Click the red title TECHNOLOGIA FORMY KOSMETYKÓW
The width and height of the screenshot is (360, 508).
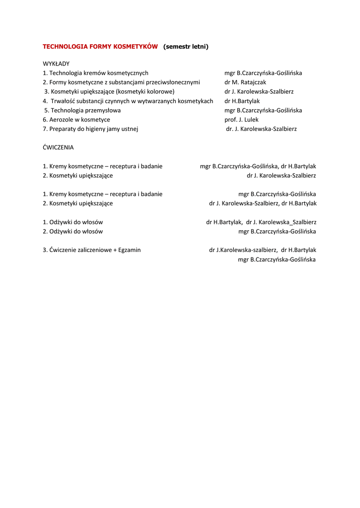click(100, 47)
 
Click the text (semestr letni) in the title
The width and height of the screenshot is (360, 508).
click(186, 47)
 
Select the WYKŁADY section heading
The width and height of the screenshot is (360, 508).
click(56, 63)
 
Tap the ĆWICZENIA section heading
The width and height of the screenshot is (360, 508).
click(58, 147)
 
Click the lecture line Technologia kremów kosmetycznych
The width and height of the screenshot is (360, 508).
click(95, 73)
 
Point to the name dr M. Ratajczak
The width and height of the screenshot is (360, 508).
click(245, 82)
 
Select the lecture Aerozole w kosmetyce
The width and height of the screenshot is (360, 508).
click(76, 120)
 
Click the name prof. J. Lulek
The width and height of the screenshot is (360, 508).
click(241, 120)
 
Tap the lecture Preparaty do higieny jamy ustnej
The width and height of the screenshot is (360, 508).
click(90, 129)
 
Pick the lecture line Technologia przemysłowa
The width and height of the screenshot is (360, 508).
click(82, 110)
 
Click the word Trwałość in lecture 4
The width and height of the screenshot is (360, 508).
click(64, 101)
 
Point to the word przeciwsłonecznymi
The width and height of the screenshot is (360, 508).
click(172, 82)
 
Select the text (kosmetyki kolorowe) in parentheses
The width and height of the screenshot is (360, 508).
click(145, 92)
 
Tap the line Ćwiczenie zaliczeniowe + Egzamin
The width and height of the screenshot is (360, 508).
click(91, 250)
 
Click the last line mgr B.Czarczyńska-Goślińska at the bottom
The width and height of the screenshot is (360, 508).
click(277, 259)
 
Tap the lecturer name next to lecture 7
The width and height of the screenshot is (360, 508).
click(261, 129)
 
